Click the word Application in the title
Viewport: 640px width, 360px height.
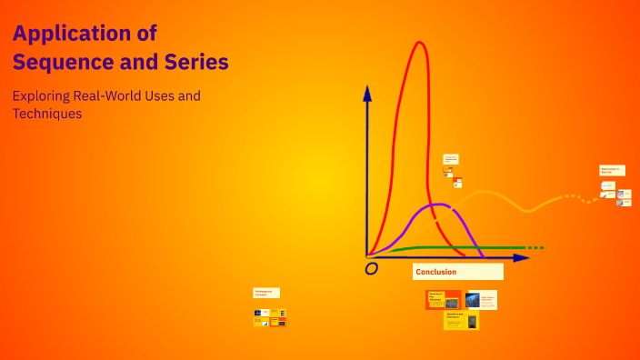[x=71, y=34]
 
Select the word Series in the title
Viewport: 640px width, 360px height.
[x=198, y=62]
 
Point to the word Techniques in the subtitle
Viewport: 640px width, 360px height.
[x=46, y=114]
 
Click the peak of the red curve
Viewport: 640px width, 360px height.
[x=419, y=43]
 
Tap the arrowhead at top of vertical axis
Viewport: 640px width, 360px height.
[x=367, y=92]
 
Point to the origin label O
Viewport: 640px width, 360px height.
[x=371, y=269]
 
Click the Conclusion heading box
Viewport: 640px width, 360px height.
[x=457, y=272]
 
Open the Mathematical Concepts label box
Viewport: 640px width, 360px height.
[x=266, y=293]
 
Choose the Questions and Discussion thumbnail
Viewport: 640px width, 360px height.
[x=461, y=320]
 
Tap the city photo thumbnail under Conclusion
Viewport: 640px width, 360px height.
[x=473, y=300]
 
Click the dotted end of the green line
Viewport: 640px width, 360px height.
[x=535, y=247]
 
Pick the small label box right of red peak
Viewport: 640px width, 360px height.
[x=451, y=158]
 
